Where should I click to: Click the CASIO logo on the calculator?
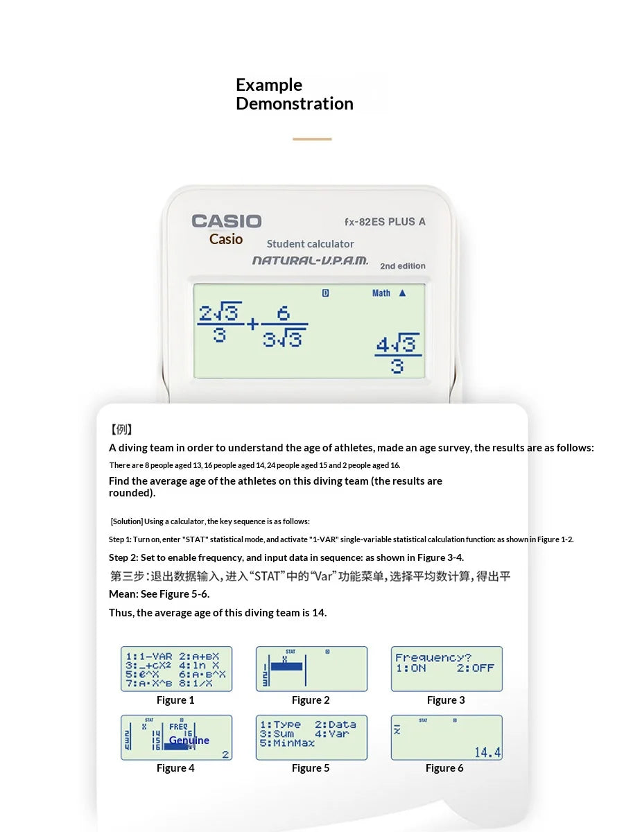tap(227, 221)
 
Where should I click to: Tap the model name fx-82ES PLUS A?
tap(385, 222)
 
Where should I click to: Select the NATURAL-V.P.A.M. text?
tap(310, 261)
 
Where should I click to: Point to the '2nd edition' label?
tap(403, 266)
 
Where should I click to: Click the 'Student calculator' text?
tap(310, 244)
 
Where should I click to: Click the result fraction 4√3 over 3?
tap(397, 354)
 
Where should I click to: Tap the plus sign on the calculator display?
tap(252, 324)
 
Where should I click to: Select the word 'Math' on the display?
tap(381, 293)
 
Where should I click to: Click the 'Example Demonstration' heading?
tap(294, 94)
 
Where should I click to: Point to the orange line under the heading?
tap(312, 139)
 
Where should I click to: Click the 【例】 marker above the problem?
tap(122, 430)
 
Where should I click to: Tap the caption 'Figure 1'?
tap(175, 700)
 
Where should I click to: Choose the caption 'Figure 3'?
tap(446, 700)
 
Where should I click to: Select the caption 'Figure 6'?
tap(444, 768)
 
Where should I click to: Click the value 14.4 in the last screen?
tap(487, 752)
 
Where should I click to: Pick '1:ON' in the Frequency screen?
tap(410, 668)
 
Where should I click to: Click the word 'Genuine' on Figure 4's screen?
tap(189, 740)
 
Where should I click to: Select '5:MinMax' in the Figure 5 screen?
tap(288, 743)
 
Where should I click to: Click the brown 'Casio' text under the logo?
tap(226, 239)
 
